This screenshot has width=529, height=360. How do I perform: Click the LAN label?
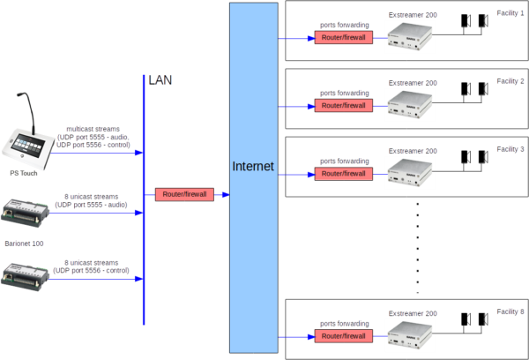pyautogui.click(x=160, y=80)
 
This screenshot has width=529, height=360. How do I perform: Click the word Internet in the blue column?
pyautogui.click(x=253, y=166)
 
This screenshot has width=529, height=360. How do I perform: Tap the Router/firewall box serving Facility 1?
pyautogui.click(x=343, y=38)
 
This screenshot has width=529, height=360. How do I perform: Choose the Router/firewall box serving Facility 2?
pyautogui.click(x=343, y=106)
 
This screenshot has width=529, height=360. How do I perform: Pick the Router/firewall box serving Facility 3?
pyautogui.click(x=343, y=173)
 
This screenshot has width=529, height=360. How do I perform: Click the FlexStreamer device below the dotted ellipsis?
pyautogui.click(x=411, y=334)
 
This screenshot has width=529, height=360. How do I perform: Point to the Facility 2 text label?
pyautogui.click(x=510, y=81)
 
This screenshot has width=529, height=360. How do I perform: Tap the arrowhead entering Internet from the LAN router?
pyautogui.click(x=225, y=194)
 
